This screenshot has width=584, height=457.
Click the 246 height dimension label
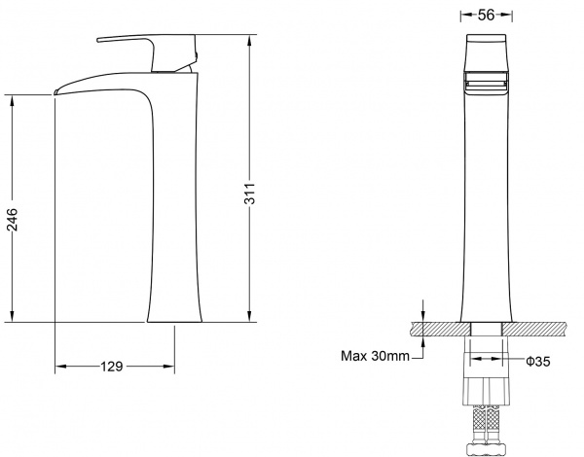coord(12,219)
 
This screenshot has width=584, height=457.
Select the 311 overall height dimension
coord(250,193)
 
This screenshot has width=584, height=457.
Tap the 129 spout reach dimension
coord(111,367)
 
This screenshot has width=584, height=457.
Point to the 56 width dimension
coord(487,15)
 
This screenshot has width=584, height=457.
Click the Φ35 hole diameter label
coord(538,361)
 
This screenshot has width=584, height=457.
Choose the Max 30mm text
coord(375,356)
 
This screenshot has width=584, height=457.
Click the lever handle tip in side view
coord(98,40)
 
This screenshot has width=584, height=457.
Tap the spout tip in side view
coord(55,92)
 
